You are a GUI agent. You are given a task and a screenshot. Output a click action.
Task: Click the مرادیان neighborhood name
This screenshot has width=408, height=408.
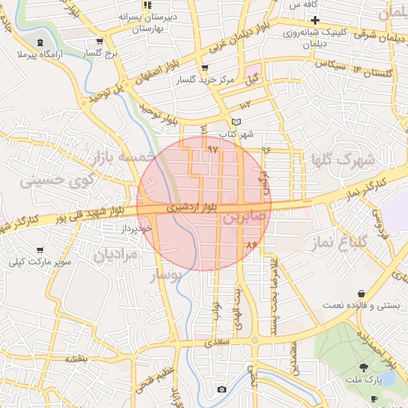click(116, 254)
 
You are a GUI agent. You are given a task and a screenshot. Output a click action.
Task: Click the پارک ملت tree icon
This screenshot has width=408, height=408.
click(364, 367)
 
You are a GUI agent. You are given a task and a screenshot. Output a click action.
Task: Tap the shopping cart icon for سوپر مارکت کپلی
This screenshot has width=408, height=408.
click(40, 250)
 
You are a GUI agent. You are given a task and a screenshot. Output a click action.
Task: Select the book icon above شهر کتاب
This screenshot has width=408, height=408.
click(235, 121)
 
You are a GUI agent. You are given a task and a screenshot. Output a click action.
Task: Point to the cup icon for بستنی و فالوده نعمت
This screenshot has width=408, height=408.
click(363, 293)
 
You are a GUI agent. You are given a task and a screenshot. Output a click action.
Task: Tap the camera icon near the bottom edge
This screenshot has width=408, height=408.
click(222, 389)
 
